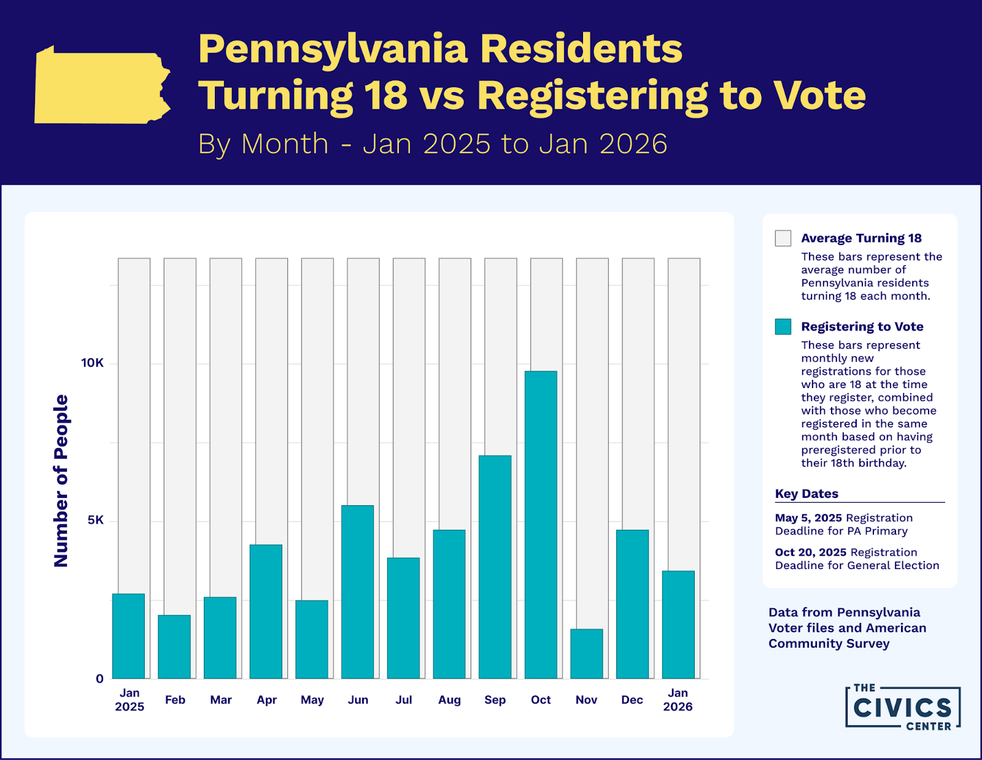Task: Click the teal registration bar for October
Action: click(x=541, y=525)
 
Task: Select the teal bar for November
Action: click(x=587, y=654)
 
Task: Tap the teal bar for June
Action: click(x=357, y=592)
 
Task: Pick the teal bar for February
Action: click(x=174, y=646)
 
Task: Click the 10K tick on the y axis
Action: click(x=93, y=363)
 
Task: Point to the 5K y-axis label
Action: click(x=96, y=521)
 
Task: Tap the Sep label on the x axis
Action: click(x=495, y=700)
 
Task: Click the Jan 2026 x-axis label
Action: click(x=678, y=700)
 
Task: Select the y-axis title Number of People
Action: click(x=61, y=481)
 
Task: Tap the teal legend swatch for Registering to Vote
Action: click(x=783, y=327)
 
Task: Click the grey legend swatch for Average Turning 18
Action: click(x=783, y=238)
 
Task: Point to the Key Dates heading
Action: click(x=806, y=494)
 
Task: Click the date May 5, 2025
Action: click(x=808, y=518)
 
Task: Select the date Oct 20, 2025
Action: click(x=811, y=553)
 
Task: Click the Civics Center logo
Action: click(x=902, y=707)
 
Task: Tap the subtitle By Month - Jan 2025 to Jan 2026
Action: click(x=432, y=144)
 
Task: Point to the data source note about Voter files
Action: click(x=847, y=627)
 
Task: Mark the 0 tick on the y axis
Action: click(x=99, y=678)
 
